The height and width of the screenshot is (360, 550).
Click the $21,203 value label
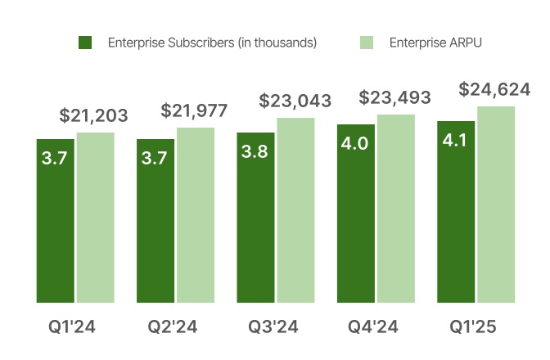tap(94, 115)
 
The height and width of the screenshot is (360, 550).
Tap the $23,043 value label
tap(295, 101)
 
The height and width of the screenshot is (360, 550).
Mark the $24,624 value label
tap(495, 89)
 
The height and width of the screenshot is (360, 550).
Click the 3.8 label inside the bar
tap(255, 152)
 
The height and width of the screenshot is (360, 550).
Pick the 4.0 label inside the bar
tap(355, 144)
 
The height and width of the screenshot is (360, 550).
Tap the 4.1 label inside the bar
tap(456, 141)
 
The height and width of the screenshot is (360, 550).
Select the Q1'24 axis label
tap(73, 328)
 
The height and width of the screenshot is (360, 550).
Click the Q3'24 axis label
tap(273, 328)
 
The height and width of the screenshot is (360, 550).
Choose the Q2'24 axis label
tap(173, 328)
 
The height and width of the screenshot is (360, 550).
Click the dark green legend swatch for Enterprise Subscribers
tap(85, 43)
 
